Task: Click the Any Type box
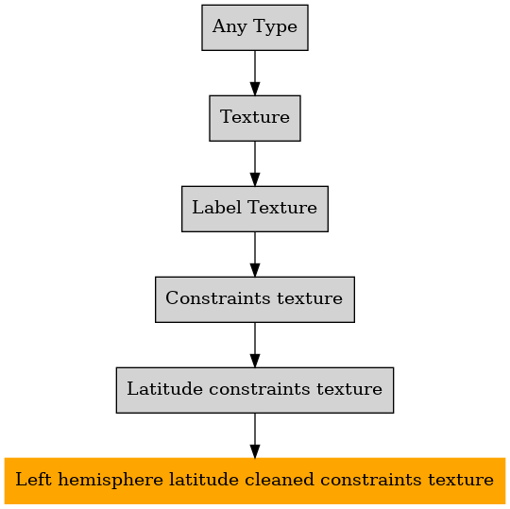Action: pyautogui.click(x=255, y=27)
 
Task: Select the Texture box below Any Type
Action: pyautogui.click(x=255, y=118)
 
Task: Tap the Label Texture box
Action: pyautogui.click(x=255, y=209)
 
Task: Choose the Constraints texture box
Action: pyautogui.click(x=255, y=300)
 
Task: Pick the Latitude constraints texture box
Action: pyautogui.click(x=255, y=390)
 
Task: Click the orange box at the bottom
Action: pyautogui.click(x=255, y=481)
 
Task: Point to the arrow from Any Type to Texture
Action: pyautogui.click(x=255, y=73)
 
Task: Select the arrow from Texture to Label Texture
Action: pyautogui.click(x=255, y=164)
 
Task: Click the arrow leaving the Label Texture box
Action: pyautogui.click(x=255, y=255)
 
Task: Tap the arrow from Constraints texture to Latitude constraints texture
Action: pyautogui.click(x=255, y=346)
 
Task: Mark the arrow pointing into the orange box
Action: pyautogui.click(x=255, y=436)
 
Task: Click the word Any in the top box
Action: pyautogui.click(x=229, y=27)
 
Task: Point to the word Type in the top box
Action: pyautogui.click(x=275, y=27)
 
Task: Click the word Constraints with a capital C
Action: pyautogui.click(x=217, y=297)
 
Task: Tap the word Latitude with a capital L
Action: pyautogui.click(x=164, y=389)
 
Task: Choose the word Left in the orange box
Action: pyautogui.click(x=33, y=480)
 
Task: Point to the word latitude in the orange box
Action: pyautogui.click(x=204, y=480)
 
